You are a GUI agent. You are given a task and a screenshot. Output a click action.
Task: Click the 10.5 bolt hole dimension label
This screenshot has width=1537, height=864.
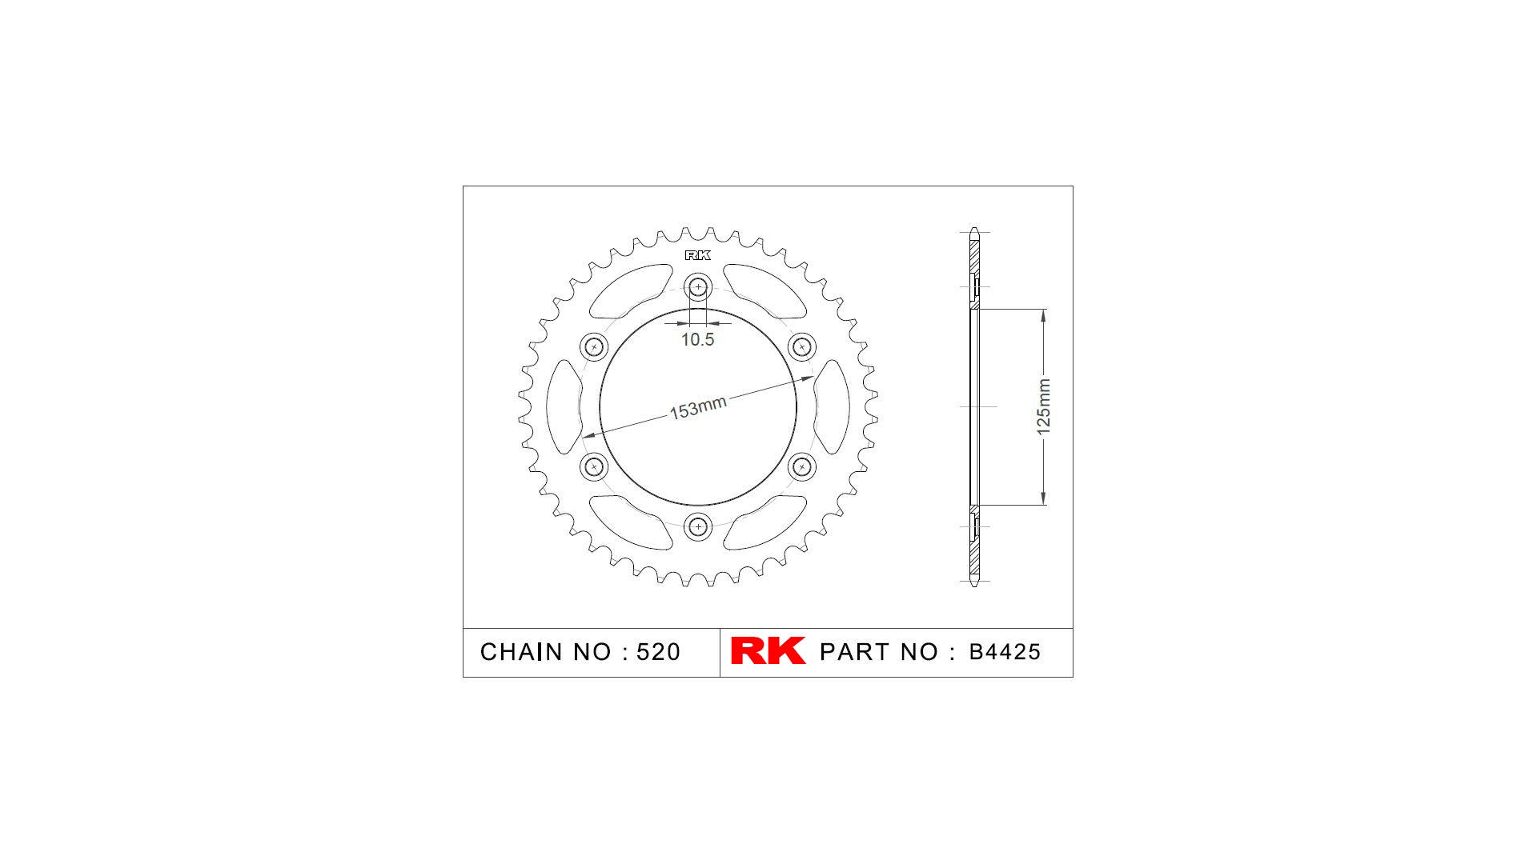(x=697, y=340)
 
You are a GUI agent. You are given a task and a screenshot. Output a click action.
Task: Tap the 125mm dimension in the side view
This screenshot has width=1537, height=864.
(x=1043, y=407)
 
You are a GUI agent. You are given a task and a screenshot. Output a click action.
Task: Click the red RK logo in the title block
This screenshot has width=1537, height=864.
(x=768, y=651)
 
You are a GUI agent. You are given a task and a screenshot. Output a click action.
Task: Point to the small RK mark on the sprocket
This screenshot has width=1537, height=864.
(x=697, y=255)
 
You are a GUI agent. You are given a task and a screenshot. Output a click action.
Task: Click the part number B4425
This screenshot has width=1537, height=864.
(x=1005, y=652)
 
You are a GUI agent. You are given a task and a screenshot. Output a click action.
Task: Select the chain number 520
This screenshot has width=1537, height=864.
(x=658, y=652)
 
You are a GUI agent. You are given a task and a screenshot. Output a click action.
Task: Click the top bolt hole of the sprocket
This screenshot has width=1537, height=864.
(x=699, y=286)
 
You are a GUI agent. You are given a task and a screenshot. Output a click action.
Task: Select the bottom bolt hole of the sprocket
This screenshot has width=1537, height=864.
(x=699, y=526)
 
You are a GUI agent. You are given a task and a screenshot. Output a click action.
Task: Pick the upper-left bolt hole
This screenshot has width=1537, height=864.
(x=594, y=347)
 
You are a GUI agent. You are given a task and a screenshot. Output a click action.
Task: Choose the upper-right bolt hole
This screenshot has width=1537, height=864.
(x=801, y=347)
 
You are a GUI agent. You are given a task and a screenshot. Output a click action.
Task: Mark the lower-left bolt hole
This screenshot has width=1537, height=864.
(x=594, y=466)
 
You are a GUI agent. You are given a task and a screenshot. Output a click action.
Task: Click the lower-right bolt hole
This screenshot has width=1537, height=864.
(x=801, y=466)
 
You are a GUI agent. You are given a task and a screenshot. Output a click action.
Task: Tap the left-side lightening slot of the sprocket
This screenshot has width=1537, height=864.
(x=563, y=406)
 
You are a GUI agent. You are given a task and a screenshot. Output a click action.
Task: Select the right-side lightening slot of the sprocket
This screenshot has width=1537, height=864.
(x=833, y=406)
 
